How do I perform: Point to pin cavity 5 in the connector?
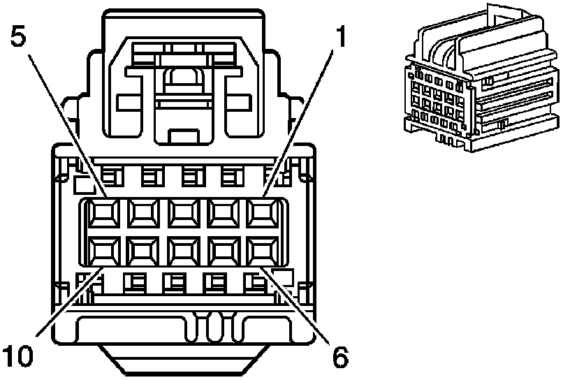(x=103, y=212)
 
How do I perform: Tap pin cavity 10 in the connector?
(x=103, y=249)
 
